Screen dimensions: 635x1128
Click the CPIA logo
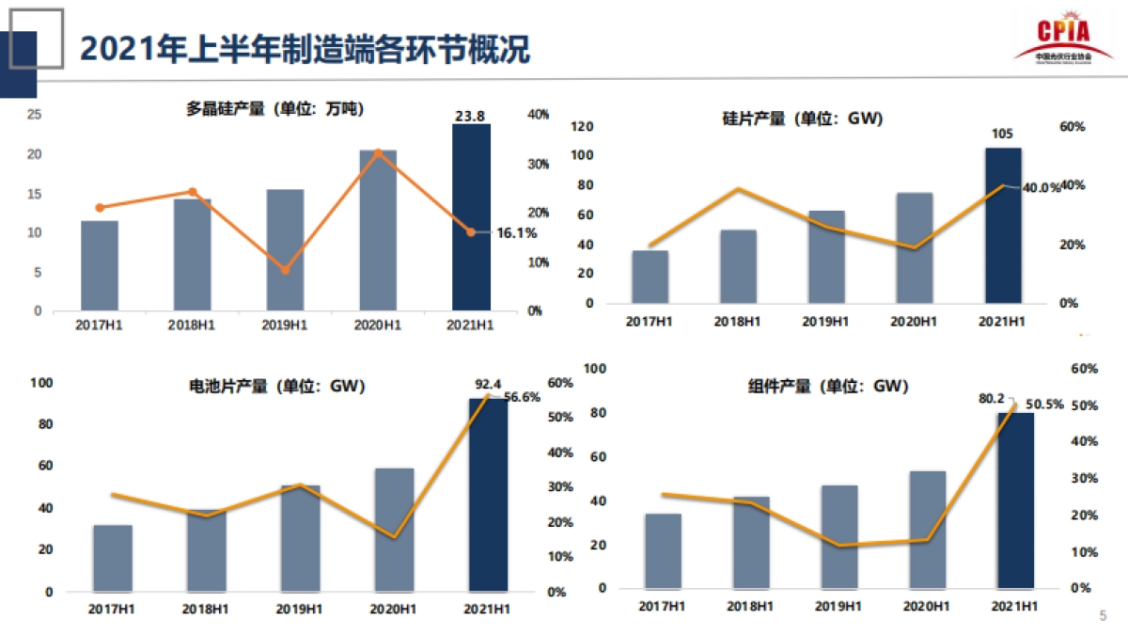click(x=1062, y=40)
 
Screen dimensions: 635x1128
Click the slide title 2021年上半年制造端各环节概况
click(x=305, y=49)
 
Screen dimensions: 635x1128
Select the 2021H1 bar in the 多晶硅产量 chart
click(x=471, y=217)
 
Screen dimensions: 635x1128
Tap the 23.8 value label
click(x=470, y=116)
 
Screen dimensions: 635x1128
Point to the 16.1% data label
click(x=516, y=232)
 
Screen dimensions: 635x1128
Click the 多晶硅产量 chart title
click(x=275, y=109)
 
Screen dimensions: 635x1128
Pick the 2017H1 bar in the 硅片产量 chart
click(x=650, y=277)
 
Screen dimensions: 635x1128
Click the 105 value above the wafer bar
click(x=1002, y=135)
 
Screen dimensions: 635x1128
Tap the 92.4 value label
click(x=489, y=384)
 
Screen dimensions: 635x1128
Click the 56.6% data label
click(x=523, y=397)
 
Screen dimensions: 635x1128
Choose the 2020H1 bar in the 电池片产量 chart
click(x=394, y=530)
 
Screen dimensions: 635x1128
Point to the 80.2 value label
click(x=992, y=399)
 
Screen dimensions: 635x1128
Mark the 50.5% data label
click(x=1043, y=405)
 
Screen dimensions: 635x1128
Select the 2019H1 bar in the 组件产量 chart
click(x=839, y=536)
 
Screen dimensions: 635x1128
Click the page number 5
click(x=1103, y=616)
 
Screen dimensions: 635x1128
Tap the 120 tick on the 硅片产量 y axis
click(x=582, y=126)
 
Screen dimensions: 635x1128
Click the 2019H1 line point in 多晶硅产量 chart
click(x=285, y=270)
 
